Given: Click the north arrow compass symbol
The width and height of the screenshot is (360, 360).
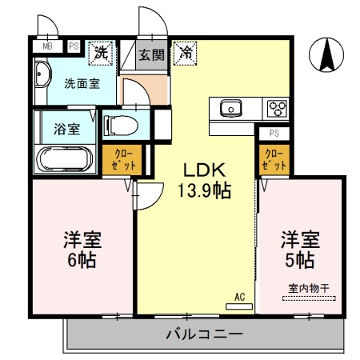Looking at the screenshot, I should coord(327,55).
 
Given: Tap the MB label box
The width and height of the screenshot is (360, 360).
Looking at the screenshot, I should coord(46,46).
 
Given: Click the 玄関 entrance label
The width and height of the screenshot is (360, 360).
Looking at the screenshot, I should coord(150,55).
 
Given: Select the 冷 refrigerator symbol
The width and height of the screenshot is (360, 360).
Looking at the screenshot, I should coord(185,54).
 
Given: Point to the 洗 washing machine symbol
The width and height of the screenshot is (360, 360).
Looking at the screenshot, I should coord(101,54).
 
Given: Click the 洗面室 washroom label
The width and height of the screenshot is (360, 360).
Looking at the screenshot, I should coord(82,83).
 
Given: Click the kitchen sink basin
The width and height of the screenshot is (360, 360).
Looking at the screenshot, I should coord(233,106).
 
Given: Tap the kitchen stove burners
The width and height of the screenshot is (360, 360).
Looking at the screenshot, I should coord(276,106).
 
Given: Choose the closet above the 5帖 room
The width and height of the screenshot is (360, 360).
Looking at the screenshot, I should coord(273,160).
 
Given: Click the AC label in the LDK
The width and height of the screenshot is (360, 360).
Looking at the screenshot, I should coord(238,297).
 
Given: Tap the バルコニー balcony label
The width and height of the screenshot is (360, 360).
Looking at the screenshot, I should coord(201,334).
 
